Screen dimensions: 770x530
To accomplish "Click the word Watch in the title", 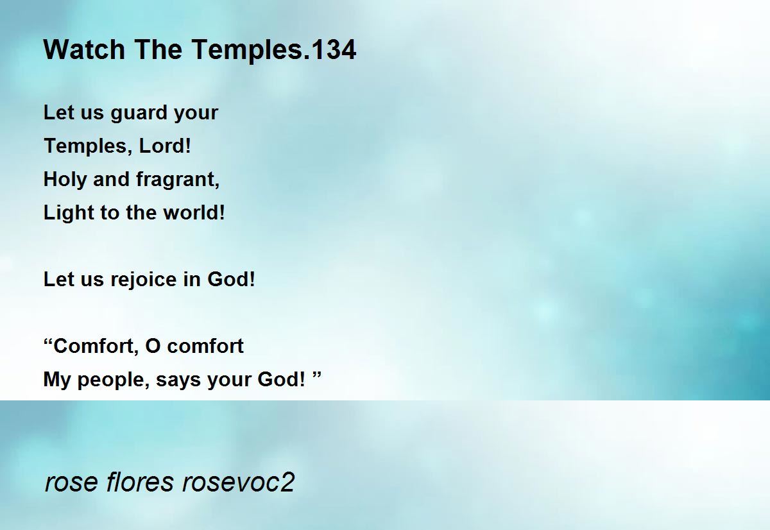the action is point(84,49).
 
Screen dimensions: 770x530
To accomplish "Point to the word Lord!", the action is point(165,146).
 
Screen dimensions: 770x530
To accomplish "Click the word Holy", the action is point(65,180).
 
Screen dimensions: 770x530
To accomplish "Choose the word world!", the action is point(194,212).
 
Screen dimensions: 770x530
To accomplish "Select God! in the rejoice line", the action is point(232,279).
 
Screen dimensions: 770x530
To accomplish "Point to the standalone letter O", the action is point(153,346).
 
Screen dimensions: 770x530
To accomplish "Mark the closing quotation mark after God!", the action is point(316,375).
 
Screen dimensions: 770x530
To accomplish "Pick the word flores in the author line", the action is point(140,482).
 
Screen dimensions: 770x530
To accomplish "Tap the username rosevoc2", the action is point(238,482).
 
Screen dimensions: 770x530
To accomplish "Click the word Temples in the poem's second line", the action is point(88,147).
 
